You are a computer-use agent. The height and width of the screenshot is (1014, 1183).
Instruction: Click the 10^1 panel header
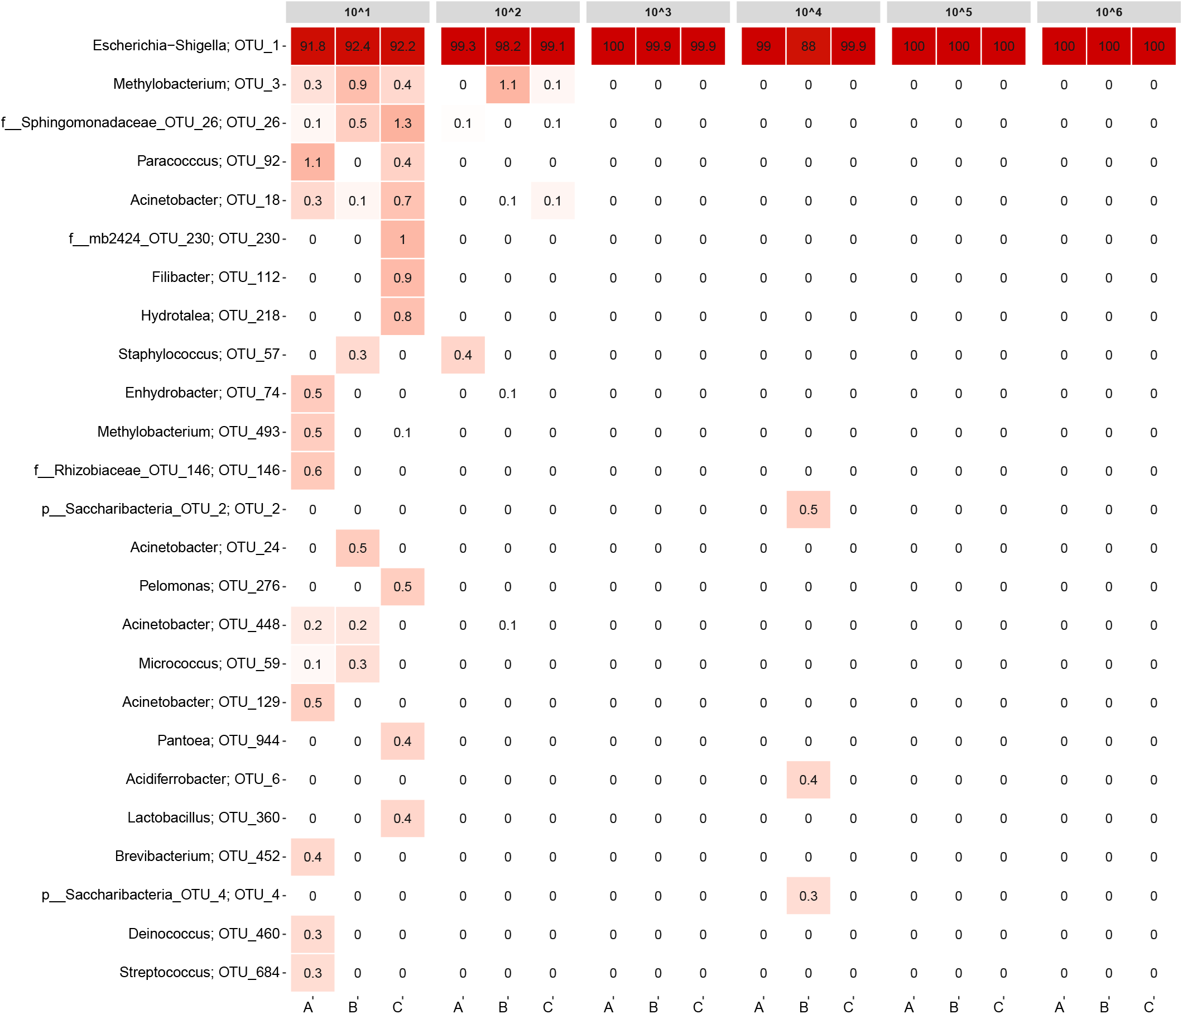pyautogui.click(x=358, y=12)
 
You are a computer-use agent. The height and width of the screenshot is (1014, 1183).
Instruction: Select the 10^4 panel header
pyautogui.click(x=808, y=12)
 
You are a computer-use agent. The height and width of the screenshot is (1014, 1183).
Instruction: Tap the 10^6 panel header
pyautogui.click(x=1108, y=12)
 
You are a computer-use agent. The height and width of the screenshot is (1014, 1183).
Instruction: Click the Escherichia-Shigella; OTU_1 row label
pyautogui.click(x=186, y=46)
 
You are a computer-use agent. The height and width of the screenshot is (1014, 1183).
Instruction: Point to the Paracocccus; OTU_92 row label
pyautogui.click(x=208, y=161)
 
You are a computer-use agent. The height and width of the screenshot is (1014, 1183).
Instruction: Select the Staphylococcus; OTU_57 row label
pyautogui.click(x=199, y=354)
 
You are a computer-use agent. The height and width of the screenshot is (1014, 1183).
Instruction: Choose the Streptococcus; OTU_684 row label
pyautogui.click(x=199, y=972)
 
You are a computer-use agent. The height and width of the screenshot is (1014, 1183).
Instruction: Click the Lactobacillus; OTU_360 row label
pyautogui.click(x=203, y=817)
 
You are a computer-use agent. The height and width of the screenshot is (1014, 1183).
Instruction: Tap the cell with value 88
pyautogui.click(x=808, y=46)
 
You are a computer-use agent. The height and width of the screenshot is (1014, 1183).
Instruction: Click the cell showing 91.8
pyautogui.click(x=312, y=46)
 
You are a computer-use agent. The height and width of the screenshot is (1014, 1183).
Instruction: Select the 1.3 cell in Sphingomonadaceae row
pyautogui.click(x=402, y=123)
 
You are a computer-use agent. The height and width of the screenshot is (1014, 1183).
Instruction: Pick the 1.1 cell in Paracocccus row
pyautogui.click(x=312, y=162)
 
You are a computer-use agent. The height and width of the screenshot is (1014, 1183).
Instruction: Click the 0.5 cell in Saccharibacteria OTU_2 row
pyautogui.click(x=808, y=510)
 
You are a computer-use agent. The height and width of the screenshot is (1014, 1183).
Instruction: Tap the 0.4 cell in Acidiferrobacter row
pyautogui.click(x=808, y=780)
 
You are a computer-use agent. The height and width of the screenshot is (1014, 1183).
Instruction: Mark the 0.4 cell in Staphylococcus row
pyautogui.click(x=463, y=355)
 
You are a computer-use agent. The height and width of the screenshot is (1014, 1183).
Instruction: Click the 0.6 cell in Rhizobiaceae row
pyautogui.click(x=312, y=471)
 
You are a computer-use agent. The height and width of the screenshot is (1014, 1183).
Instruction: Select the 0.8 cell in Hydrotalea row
pyautogui.click(x=402, y=317)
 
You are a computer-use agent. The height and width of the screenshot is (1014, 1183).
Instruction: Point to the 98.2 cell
pyautogui.click(x=508, y=46)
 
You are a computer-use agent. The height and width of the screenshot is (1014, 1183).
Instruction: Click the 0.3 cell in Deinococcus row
pyautogui.click(x=312, y=934)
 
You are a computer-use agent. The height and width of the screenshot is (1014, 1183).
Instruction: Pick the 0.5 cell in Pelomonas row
pyautogui.click(x=402, y=587)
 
